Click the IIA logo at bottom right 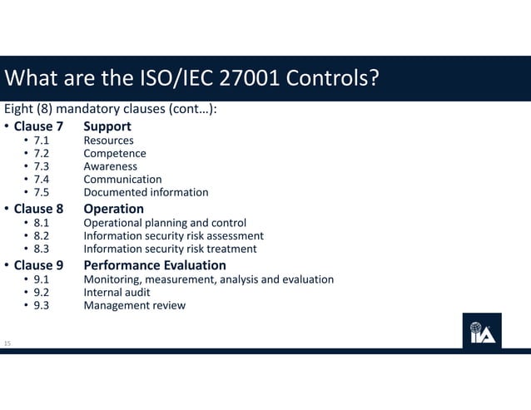click(482, 330)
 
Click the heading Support click(107, 126)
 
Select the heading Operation click(113, 209)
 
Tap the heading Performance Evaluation click(155, 265)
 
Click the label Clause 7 click(38, 126)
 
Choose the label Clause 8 click(38, 209)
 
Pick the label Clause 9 click(38, 265)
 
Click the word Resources click(108, 141)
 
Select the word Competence click(115, 153)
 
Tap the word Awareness click(111, 166)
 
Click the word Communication click(122, 179)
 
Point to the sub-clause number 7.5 click(42, 192)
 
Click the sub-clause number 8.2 click(42, 235)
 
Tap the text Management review click(135, 305)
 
